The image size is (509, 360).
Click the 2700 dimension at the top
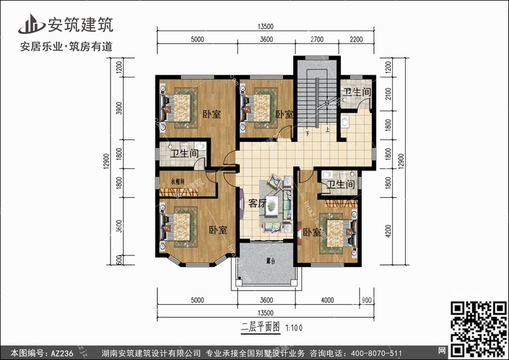[x=316, y=39]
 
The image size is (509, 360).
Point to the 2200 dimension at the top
[x=357, y=39]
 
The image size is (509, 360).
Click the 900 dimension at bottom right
[x=367, y=299]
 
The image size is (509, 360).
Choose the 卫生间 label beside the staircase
[x=356, y=92]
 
